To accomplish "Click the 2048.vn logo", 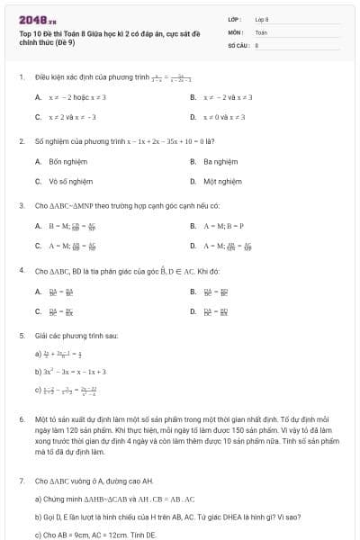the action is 37,20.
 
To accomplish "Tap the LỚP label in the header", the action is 235,19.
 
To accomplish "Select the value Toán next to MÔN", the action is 261,31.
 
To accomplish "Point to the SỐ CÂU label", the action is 238,44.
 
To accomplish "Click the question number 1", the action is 21,76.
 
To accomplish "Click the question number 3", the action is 21,205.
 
